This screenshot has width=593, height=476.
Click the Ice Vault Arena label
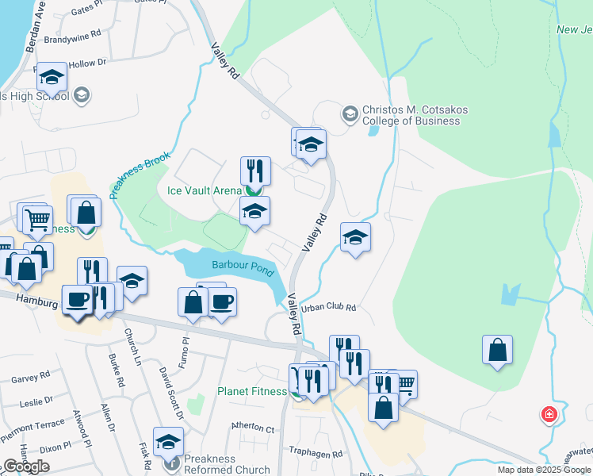coord(204,190)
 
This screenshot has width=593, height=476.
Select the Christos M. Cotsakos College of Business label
coord(411,115)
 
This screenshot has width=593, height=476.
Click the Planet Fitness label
coord(251,392)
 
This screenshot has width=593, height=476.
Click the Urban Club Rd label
coord(329,307)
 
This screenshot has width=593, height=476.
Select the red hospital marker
coord(548,414)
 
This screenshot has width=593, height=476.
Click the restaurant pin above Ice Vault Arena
coord(255,170)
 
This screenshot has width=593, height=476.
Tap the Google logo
coord(26,466)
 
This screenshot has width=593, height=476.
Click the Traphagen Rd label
coord(316,455)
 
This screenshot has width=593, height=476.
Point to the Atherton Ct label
coord(253,428)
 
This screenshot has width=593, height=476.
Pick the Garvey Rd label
coord(31,378)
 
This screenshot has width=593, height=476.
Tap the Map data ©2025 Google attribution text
coord(545,470)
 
